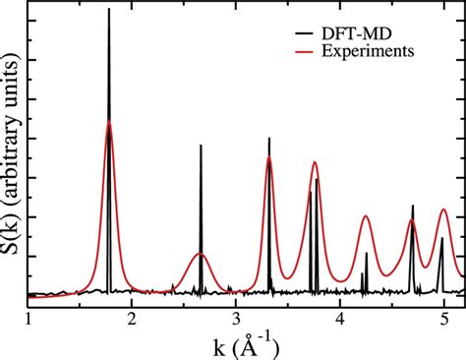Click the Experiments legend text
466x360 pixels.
point(379,49)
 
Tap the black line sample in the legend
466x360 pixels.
point(306,30)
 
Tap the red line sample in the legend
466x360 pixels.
point(306,49)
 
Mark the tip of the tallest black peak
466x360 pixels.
point(109,9)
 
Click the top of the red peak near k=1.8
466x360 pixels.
point(109,122)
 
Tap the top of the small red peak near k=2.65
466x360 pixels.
point(201,253)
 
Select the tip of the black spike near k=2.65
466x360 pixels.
point(201,146)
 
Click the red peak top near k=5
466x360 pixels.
point(444,209)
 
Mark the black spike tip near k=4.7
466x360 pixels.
point(413,206)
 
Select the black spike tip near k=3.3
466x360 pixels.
point(269,138)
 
